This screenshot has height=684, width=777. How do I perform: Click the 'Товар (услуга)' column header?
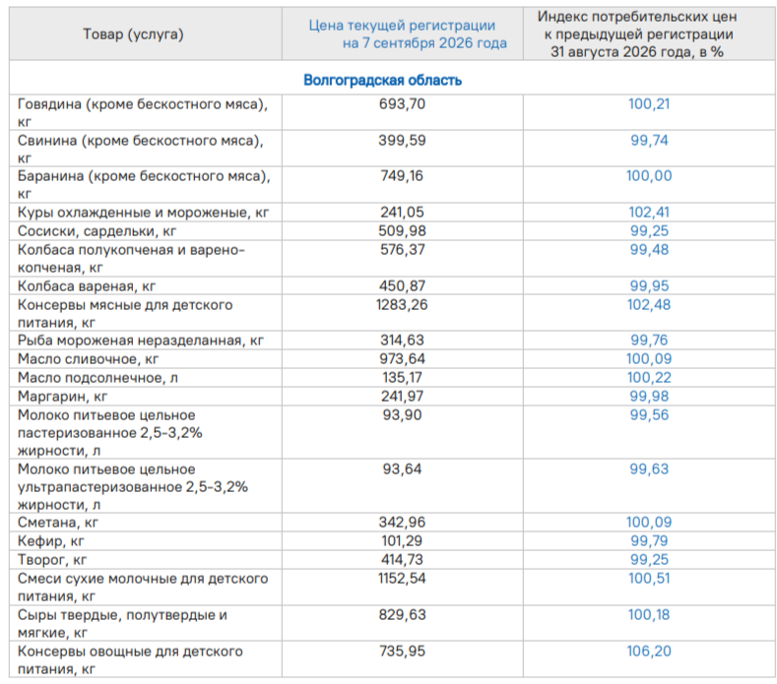(133, 34)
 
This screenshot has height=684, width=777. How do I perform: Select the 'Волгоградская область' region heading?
(382, 80)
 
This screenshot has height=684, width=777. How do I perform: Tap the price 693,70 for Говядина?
(402, 104)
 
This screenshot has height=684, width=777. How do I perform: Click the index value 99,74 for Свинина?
(649, 140)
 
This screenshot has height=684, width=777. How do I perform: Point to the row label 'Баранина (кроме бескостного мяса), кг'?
(144, 185)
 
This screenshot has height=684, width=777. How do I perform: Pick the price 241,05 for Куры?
(402, 212)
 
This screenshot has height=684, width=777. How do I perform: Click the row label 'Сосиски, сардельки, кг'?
(97, 231)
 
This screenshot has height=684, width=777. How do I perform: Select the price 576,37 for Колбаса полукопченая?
(402, 249)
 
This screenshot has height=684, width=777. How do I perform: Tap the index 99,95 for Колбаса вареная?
(649, 285)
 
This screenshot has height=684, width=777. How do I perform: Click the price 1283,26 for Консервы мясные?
(402, 305)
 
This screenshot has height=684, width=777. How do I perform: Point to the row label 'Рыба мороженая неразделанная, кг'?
(140, 341)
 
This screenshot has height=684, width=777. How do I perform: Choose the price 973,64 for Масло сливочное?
(402, 358)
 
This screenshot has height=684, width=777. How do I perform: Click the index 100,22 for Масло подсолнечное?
(649, 377)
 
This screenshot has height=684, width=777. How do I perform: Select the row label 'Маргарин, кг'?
(62, 397)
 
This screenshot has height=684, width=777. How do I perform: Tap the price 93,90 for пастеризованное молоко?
(402, 414)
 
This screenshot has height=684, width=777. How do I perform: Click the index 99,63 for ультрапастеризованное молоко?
(649, 468)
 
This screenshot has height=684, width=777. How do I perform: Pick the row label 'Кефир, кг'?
(50, 541)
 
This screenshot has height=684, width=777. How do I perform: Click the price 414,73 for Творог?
(402, 559)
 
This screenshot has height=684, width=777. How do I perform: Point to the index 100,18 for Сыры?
(649, 615)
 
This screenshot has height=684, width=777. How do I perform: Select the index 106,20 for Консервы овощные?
(649, 651)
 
